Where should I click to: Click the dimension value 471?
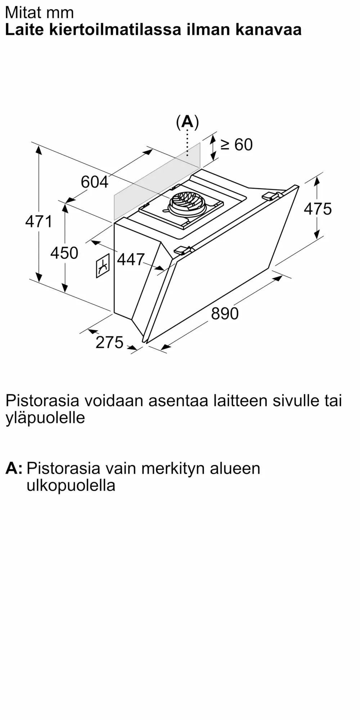(39, 221)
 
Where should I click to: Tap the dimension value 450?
(64, 253)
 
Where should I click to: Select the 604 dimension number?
(94, 182)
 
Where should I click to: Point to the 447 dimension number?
(131, 259)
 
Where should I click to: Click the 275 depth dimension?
(109, 342)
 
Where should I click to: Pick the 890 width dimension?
(225, 314)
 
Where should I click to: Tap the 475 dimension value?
(318, 209)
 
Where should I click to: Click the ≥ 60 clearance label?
(237, 145)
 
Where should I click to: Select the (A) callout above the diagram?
(187, 122)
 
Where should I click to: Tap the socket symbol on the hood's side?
(103, 266)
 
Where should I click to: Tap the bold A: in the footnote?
(14, 468)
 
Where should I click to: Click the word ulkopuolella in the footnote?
(71, 486)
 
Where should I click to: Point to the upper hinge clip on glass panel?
(271, 196)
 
